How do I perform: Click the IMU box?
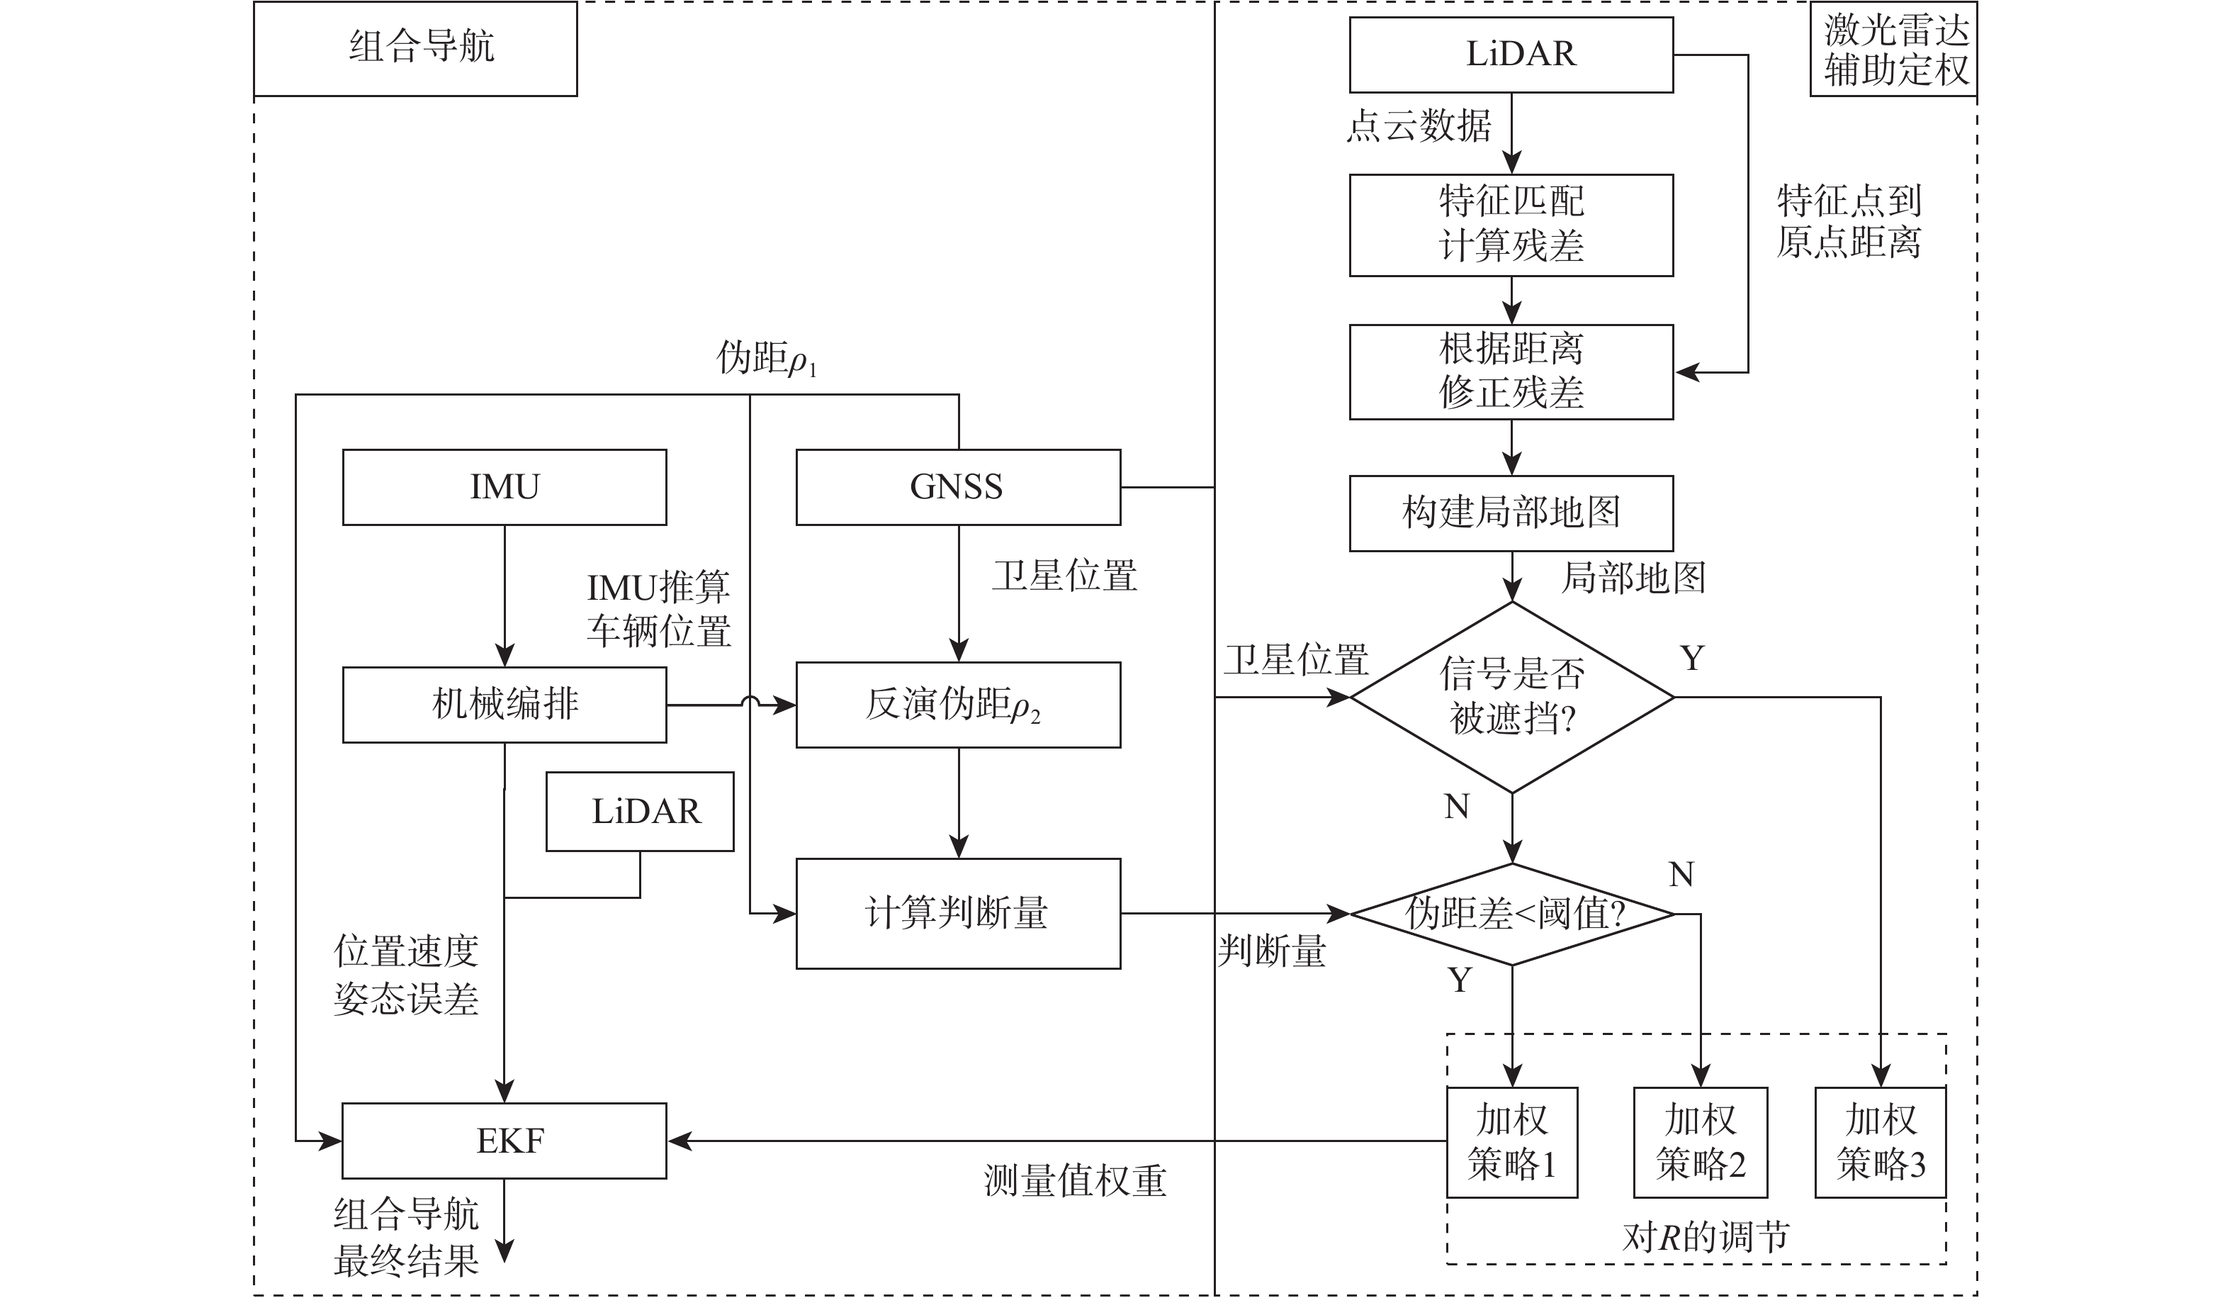[x=504, y=487]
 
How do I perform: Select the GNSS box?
[x=957, y=487]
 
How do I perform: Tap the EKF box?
[x=504, y=1141]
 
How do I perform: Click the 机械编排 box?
[x=504, y=705]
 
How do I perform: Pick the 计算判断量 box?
[x=957, y=914]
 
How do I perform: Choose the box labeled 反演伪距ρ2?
[x=957, y=705]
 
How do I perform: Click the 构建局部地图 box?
[x=1511, y=513]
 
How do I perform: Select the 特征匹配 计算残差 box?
[x=1511, y=225]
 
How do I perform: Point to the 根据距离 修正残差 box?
[x=1511, y=372]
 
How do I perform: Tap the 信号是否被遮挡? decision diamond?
[x=1511, y=698]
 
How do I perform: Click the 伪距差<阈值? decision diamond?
[x=1511, y=914]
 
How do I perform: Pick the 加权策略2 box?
[x=1700, y=1142]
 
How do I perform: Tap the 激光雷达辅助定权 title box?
[x=1893, y=50]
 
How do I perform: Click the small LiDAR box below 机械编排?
[x=639, y=812]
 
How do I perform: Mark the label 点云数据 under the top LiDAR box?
[x=1418, y=125]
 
